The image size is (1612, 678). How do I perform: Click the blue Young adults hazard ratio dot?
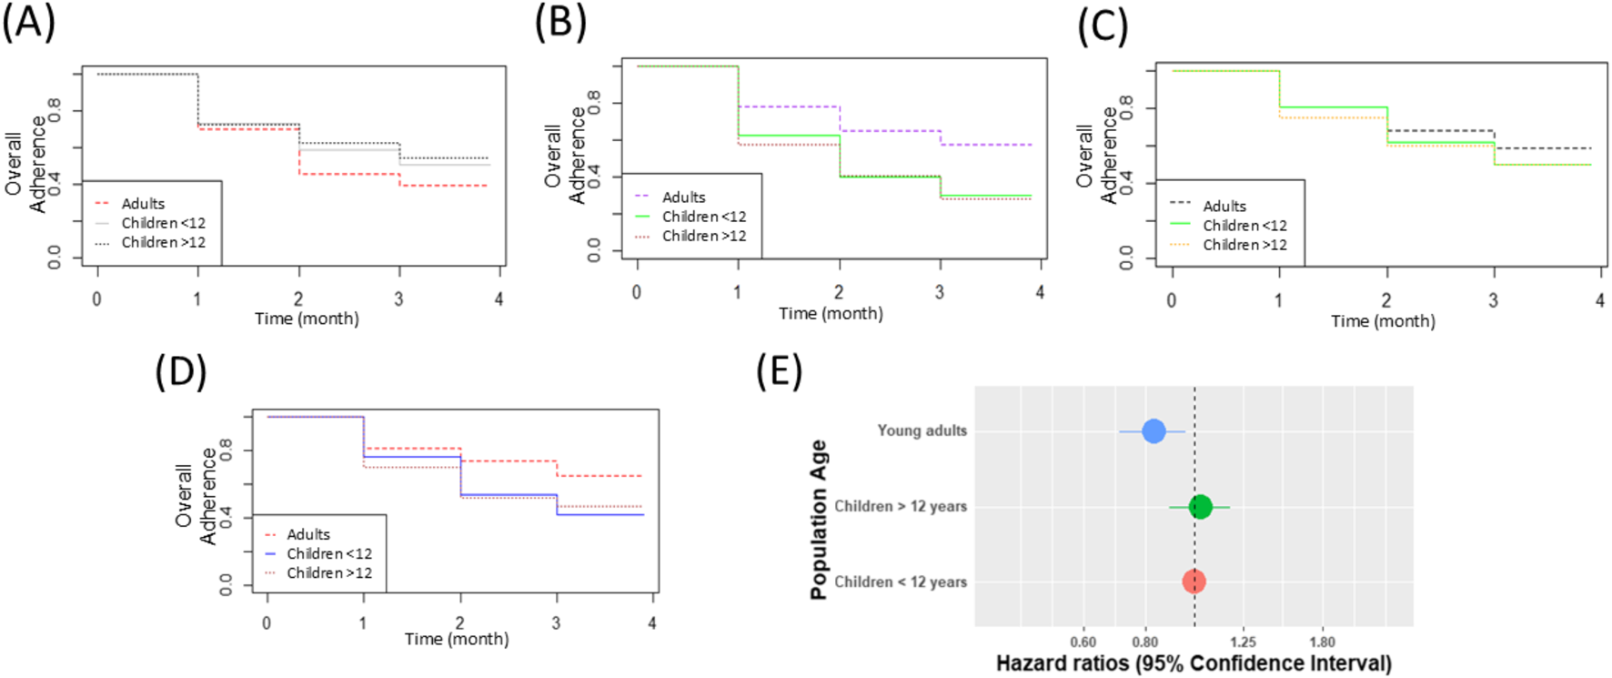coord(1154,431)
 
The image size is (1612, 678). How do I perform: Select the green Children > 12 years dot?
coord(1201,507)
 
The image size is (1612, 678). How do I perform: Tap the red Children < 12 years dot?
coord(1194,582)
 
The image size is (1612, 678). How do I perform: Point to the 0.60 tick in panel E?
coord(1083,643)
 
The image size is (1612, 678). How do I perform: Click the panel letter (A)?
coord(28,22)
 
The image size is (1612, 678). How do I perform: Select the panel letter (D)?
coord(181,371)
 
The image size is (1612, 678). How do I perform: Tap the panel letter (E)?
coord(779,371)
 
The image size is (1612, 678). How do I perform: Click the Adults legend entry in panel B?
coord(683,197)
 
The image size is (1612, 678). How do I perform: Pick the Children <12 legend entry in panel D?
coord(328,554)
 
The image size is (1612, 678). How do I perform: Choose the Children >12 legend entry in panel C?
coord(1244,245)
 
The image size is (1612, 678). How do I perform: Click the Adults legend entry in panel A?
coord(143,204)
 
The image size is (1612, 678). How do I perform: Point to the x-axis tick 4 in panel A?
coord(499,299)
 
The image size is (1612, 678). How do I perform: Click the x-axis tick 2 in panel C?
coord(1386,300)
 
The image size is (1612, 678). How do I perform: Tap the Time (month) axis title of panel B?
coord(831,313)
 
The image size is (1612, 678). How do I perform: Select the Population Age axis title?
coord(819,520)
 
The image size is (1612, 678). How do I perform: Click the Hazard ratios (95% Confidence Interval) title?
coord(1194,663)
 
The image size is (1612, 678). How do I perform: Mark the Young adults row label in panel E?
coord(922,431)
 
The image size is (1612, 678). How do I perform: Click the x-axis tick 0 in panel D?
coord(267,623)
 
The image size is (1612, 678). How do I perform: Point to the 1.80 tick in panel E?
coord(1322,643)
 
